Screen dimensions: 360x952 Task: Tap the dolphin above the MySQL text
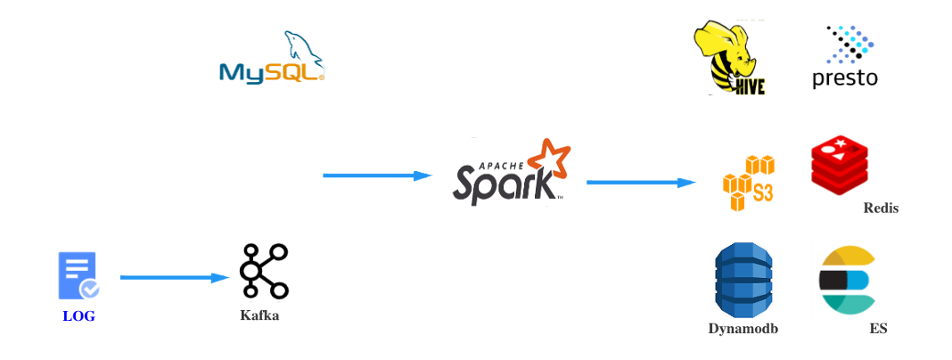[302, 49]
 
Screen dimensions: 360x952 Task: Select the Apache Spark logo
[511, 172]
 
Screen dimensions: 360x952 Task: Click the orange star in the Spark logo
[547, 160]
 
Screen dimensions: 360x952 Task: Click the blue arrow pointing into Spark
[378, 176]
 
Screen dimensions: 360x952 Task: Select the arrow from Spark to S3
[641, 183]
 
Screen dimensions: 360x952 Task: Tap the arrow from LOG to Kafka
[175, 278]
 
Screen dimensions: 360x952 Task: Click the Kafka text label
[259, 315]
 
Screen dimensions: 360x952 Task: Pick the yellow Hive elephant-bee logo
[729, 58]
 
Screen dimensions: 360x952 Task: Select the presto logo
[845, 57]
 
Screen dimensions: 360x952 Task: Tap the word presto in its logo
[845, 81]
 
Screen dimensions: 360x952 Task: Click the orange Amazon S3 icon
[748, 182]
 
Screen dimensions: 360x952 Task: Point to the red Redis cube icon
[839, 164]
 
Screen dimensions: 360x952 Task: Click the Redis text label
[880, 208]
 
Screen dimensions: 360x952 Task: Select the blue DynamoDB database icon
[743, 279]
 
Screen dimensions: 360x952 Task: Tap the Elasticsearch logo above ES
[849, 280]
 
